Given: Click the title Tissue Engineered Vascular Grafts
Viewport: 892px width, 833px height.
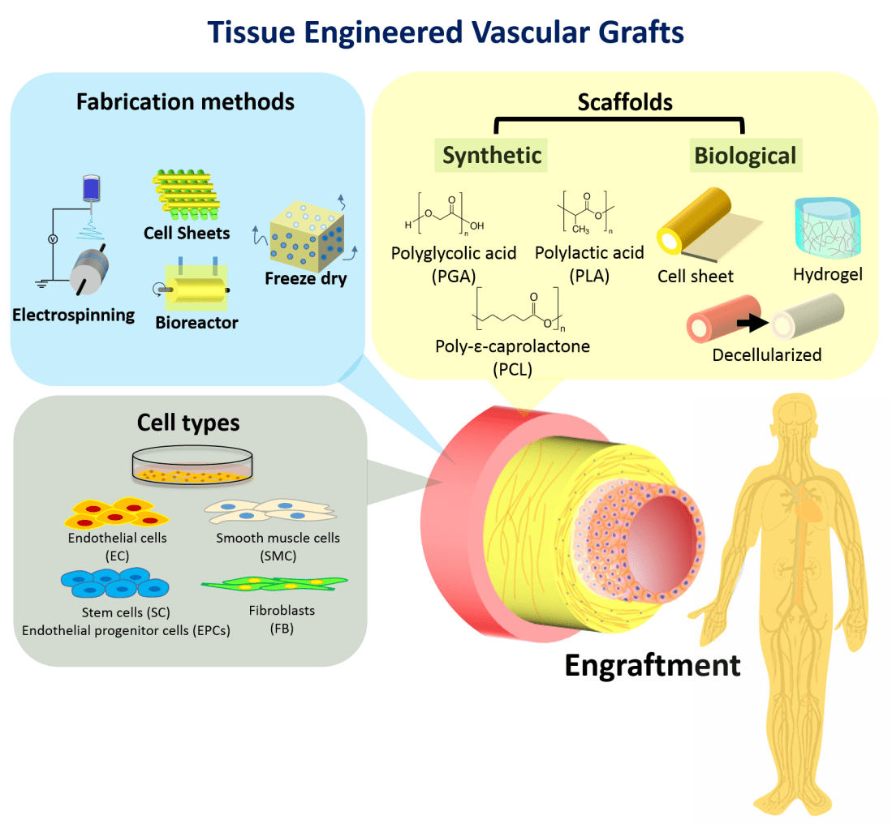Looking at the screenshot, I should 446,32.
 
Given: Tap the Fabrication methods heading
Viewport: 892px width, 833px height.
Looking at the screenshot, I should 185,101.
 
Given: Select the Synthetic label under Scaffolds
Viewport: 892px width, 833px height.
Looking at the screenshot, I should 492,155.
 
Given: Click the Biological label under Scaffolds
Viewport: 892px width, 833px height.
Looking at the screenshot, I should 745,155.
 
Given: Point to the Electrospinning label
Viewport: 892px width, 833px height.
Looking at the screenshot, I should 74,316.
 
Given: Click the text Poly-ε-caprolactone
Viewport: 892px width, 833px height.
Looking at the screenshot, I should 512,347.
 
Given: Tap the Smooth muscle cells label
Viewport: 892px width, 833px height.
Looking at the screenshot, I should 278,538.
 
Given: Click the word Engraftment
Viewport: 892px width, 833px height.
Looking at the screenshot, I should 652,665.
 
